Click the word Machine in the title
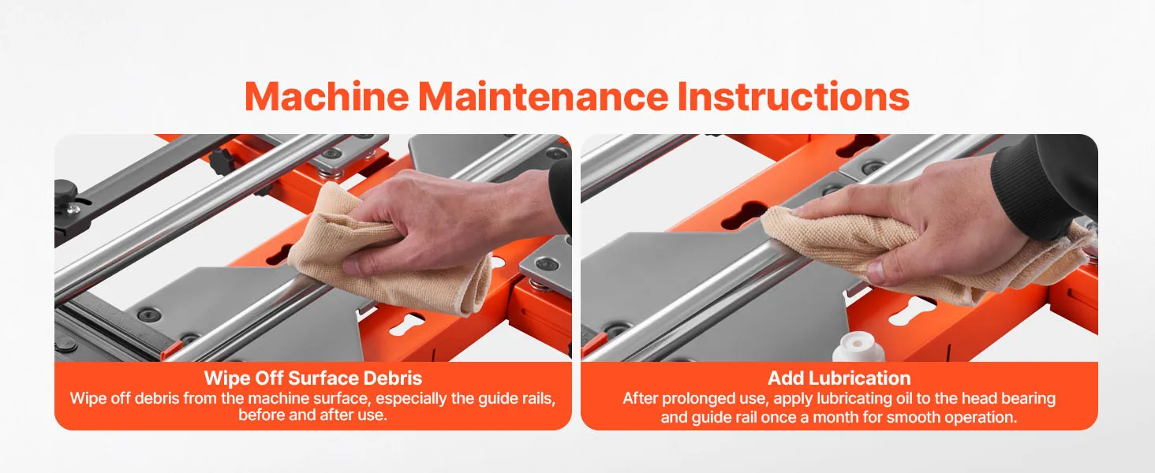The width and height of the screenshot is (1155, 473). tap(327, 96)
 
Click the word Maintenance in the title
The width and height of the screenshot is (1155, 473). tap(544, 96)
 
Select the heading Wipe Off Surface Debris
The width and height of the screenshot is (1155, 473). tap(313, 378)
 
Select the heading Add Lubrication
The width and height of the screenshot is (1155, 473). tap(839, 378)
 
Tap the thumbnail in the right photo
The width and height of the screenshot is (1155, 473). tap(877, 272)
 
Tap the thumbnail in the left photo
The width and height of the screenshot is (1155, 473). tap(351, 266)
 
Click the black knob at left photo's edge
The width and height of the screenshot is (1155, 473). tap(65, 190)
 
